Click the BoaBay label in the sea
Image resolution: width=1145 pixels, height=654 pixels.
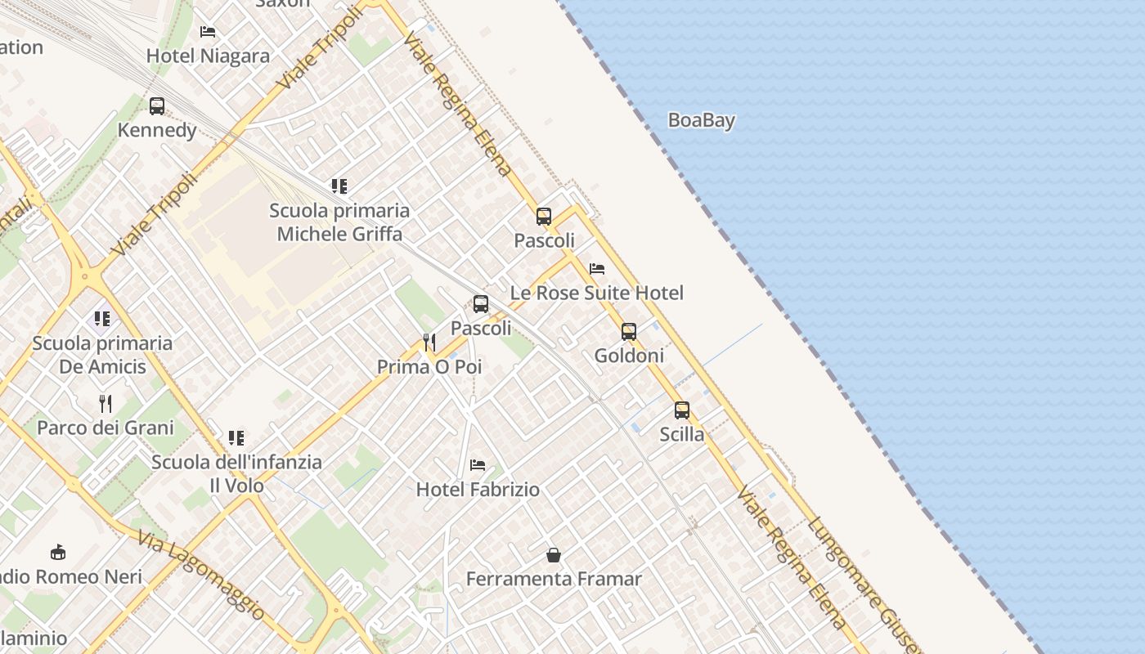pyautogui.click(x=701, y=120)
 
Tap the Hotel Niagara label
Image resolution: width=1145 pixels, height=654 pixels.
pyautogui.click(x=208, y=56)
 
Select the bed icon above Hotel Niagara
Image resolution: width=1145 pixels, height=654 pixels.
pyautogui.click(x=208, y=32)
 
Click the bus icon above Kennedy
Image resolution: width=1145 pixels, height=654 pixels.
pyautogui.click(x=157, y=105)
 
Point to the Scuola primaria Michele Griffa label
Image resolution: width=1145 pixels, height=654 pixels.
pyautogui.click(x=339, y=222)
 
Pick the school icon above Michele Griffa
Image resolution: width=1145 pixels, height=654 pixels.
pyautogui.click(x=339, y=186)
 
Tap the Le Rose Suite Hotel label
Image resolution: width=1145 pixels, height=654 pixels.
pyautogui.click(x=596, y=293)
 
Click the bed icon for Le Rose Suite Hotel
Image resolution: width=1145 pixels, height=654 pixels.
pyautogui.click(x=597, y=268)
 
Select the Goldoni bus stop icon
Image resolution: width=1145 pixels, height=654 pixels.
pyautogui.click(x=628, y=332)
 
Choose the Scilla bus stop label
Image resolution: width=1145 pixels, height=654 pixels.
pyautogui.click(x=681, y=434)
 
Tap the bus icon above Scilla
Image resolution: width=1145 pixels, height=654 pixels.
pyautogui.click(x=681, y=410)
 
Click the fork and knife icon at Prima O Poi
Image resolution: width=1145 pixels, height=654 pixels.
pyautogui.click(x=429, y=343)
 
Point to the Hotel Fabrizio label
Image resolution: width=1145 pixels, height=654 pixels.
pyautogui.click(x=478, y=490)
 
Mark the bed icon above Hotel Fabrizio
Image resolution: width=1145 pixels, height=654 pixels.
pyautogui.click(x=478, y=465)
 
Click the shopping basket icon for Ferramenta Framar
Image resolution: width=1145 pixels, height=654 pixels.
pyautogui.click(x=554, y=555)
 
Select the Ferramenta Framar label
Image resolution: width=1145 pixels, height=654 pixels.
pyautogui.click(x=554, y=579)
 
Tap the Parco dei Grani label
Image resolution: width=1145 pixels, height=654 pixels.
pyautogui.click(x=106, y=428)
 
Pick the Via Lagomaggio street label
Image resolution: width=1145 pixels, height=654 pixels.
pyautogui.click(x=201, y=575)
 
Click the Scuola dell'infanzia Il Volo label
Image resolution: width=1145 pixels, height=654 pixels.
pyautogui.click(x=236, y=473)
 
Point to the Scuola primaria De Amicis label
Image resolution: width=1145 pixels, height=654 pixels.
pyautogui.click(x=102, y=355)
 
